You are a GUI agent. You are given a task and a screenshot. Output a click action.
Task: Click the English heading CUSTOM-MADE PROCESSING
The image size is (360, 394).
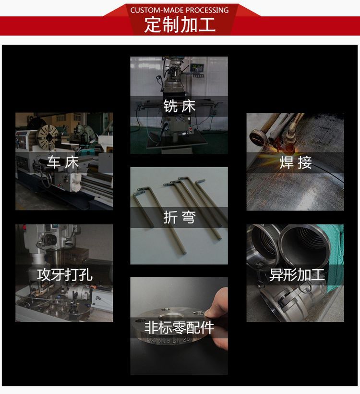point(180,10)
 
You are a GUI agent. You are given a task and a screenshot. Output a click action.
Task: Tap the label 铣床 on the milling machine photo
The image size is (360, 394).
point(180,106)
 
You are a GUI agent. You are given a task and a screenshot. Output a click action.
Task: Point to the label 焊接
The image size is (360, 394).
point(296,162)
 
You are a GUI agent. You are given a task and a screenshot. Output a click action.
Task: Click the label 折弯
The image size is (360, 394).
point(180,217)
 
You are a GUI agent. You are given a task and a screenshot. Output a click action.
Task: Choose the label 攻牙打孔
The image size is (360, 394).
point(64,275)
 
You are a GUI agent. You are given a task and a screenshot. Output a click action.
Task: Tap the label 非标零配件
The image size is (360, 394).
point(180,328)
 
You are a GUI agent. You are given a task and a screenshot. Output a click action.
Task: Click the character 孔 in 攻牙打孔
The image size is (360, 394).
point(85,275)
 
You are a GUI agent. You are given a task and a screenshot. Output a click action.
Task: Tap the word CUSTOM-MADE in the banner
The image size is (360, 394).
point(152,10)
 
